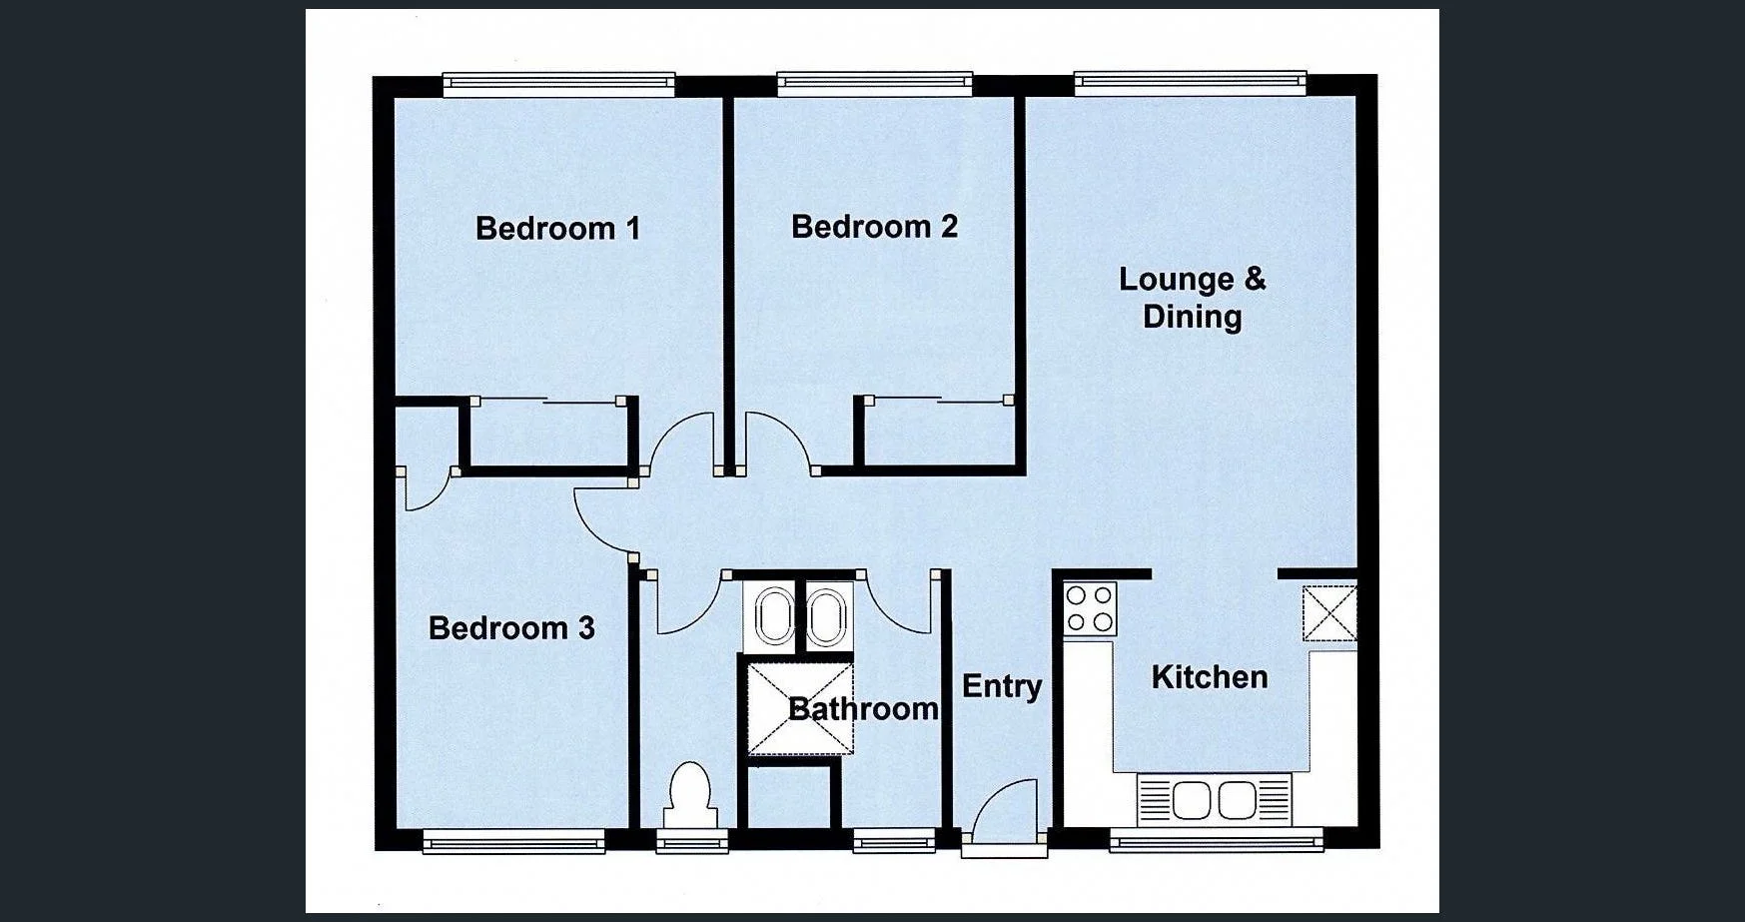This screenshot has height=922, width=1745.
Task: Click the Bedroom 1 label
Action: tap(557, 229)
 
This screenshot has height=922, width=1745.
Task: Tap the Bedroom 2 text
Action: tap(874, 227)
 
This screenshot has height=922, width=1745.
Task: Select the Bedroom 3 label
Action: tap(511, 628)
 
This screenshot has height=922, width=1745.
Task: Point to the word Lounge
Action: tap(1176, 279)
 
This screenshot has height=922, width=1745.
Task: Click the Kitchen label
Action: tap(1210, 677)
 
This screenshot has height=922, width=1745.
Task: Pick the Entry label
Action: tap(1002, 686)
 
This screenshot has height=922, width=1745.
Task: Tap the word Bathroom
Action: tap(863, 709)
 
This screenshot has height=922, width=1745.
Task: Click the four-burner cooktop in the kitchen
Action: tap(1090, 608)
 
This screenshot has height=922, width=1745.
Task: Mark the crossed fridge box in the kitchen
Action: tap(1329, 612)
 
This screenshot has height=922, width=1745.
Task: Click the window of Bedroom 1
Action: tap(558, 85)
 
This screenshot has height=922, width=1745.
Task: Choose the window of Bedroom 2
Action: tap(874, 84)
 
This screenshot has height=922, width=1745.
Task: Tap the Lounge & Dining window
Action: tap(1190, 84)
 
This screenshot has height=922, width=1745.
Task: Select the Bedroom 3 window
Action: tap(513, 842)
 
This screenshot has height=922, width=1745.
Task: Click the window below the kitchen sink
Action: tap(1216, 841)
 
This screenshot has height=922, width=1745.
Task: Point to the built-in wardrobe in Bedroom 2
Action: tap(938, 433)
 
